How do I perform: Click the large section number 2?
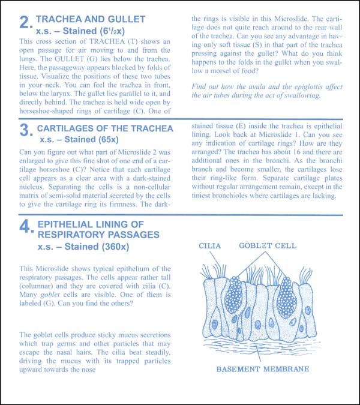tap(25, 23)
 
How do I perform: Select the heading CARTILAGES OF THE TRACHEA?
tap(105, 128)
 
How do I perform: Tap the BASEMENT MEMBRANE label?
tap(263, 368)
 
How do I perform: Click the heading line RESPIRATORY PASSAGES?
tap(98, 235)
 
